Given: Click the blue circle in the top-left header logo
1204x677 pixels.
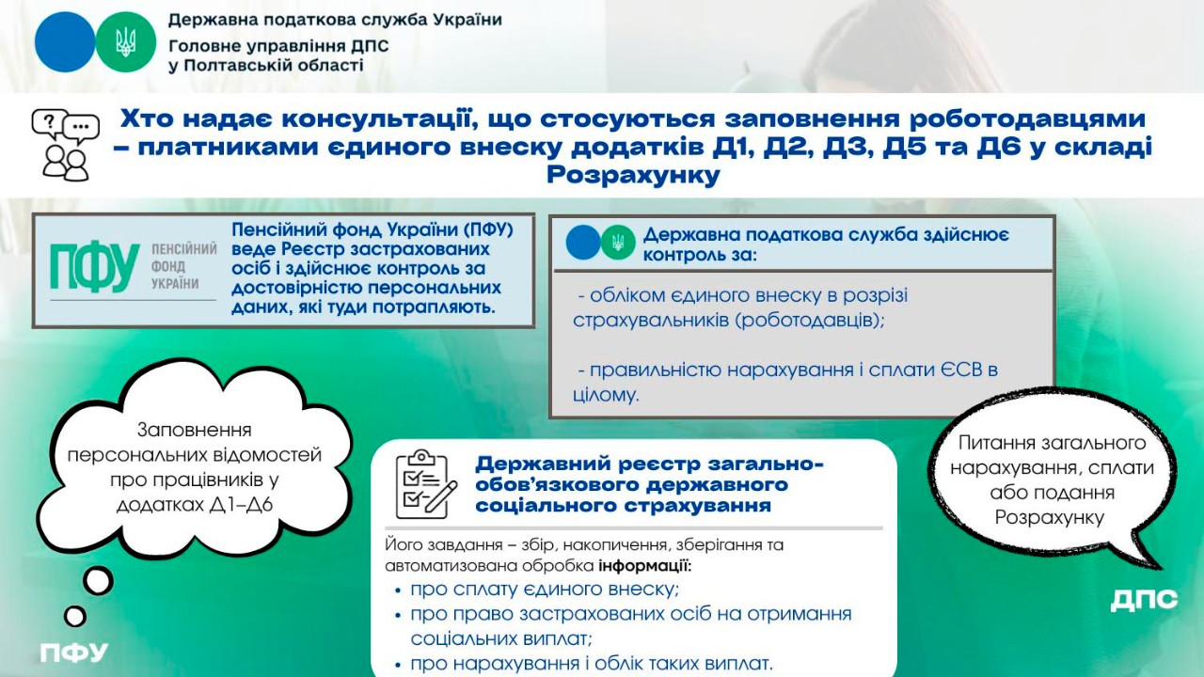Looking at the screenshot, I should [65, 42].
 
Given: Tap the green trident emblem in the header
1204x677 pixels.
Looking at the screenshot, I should [126, 42].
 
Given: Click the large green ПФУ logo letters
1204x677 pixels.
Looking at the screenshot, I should [94, 269].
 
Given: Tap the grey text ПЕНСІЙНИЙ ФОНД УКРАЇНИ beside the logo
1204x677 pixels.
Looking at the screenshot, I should [182, 266].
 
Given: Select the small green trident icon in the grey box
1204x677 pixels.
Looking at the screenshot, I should [618, 243].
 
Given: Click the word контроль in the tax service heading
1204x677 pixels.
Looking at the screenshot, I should [686, 255].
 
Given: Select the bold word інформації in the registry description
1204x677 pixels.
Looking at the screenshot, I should [644, 567].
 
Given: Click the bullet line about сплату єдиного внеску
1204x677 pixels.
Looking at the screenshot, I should [545, 590].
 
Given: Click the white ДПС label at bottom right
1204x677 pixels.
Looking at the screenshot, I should [1143, 600].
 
